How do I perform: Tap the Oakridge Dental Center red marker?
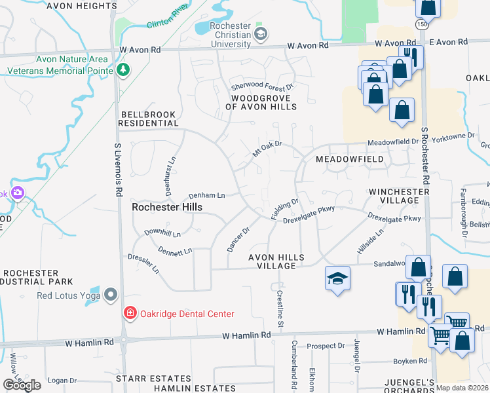[130, 314]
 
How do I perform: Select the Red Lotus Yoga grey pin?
[110, 296]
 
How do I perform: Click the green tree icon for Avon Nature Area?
[122, 69]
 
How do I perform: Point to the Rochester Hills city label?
[167, 207]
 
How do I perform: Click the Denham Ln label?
[207, 195]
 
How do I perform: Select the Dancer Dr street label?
[238, 239]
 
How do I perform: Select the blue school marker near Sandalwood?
[338, 279]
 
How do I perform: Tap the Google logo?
[22, 385]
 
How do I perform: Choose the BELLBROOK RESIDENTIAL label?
[148, 119]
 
